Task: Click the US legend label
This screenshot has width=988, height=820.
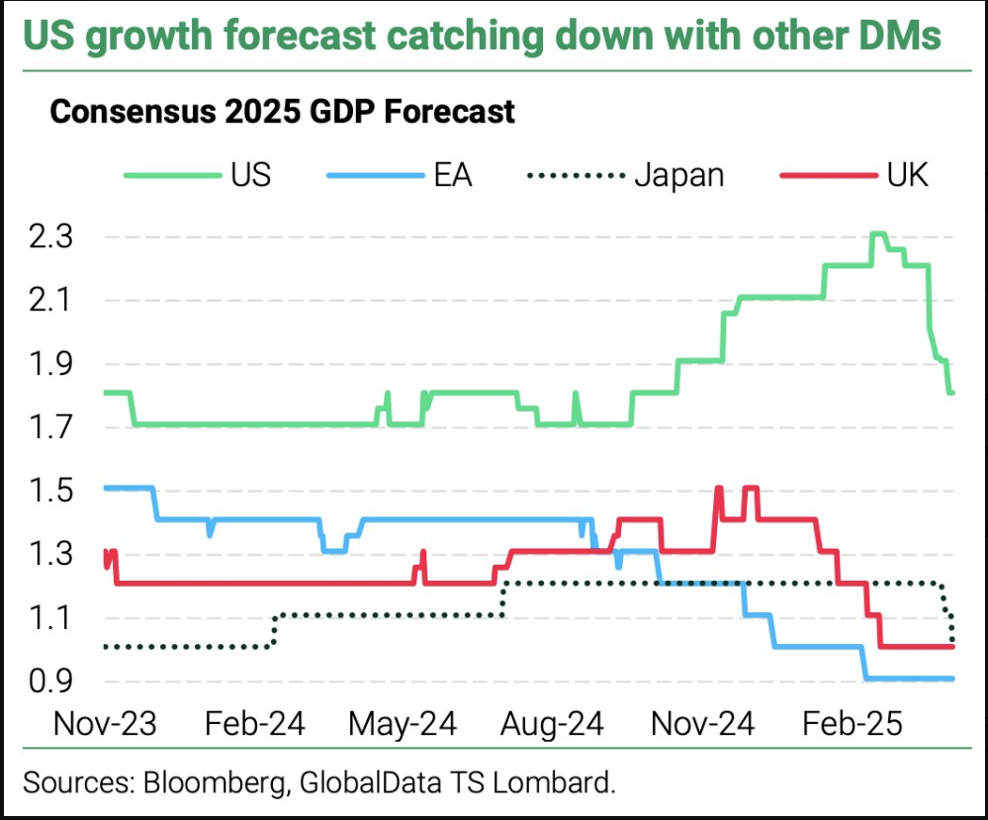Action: (x=251, y=175)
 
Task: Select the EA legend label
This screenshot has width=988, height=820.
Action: (x=453, y=175)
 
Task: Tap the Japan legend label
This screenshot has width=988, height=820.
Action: (x=679, y=175)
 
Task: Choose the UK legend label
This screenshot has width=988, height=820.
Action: (x=902, y=175)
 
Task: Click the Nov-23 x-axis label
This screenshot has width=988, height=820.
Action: (x=105, y=724)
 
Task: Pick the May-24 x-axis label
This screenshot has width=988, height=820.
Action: (x=403, y=724)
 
